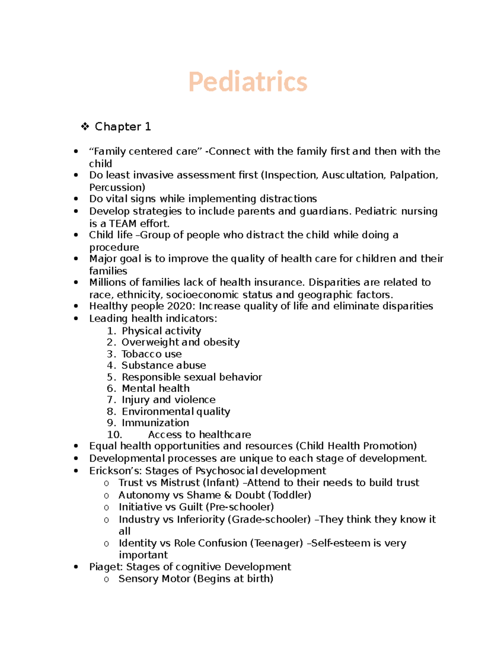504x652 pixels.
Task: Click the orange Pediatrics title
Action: click(x=248, y=81)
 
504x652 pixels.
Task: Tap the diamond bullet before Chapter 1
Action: click(x=85, y=126)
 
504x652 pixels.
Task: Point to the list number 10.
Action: click(x=114, y=435)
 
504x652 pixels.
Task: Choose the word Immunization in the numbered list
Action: click(x=155, y=423)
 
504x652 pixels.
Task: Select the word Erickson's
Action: click(x=110, y=471)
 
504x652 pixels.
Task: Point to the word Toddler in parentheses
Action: click(x=291, y=495)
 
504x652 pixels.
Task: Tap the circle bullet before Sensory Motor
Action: click(x=107, y=579)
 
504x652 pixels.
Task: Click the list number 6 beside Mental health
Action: click(x=111, y=388)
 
